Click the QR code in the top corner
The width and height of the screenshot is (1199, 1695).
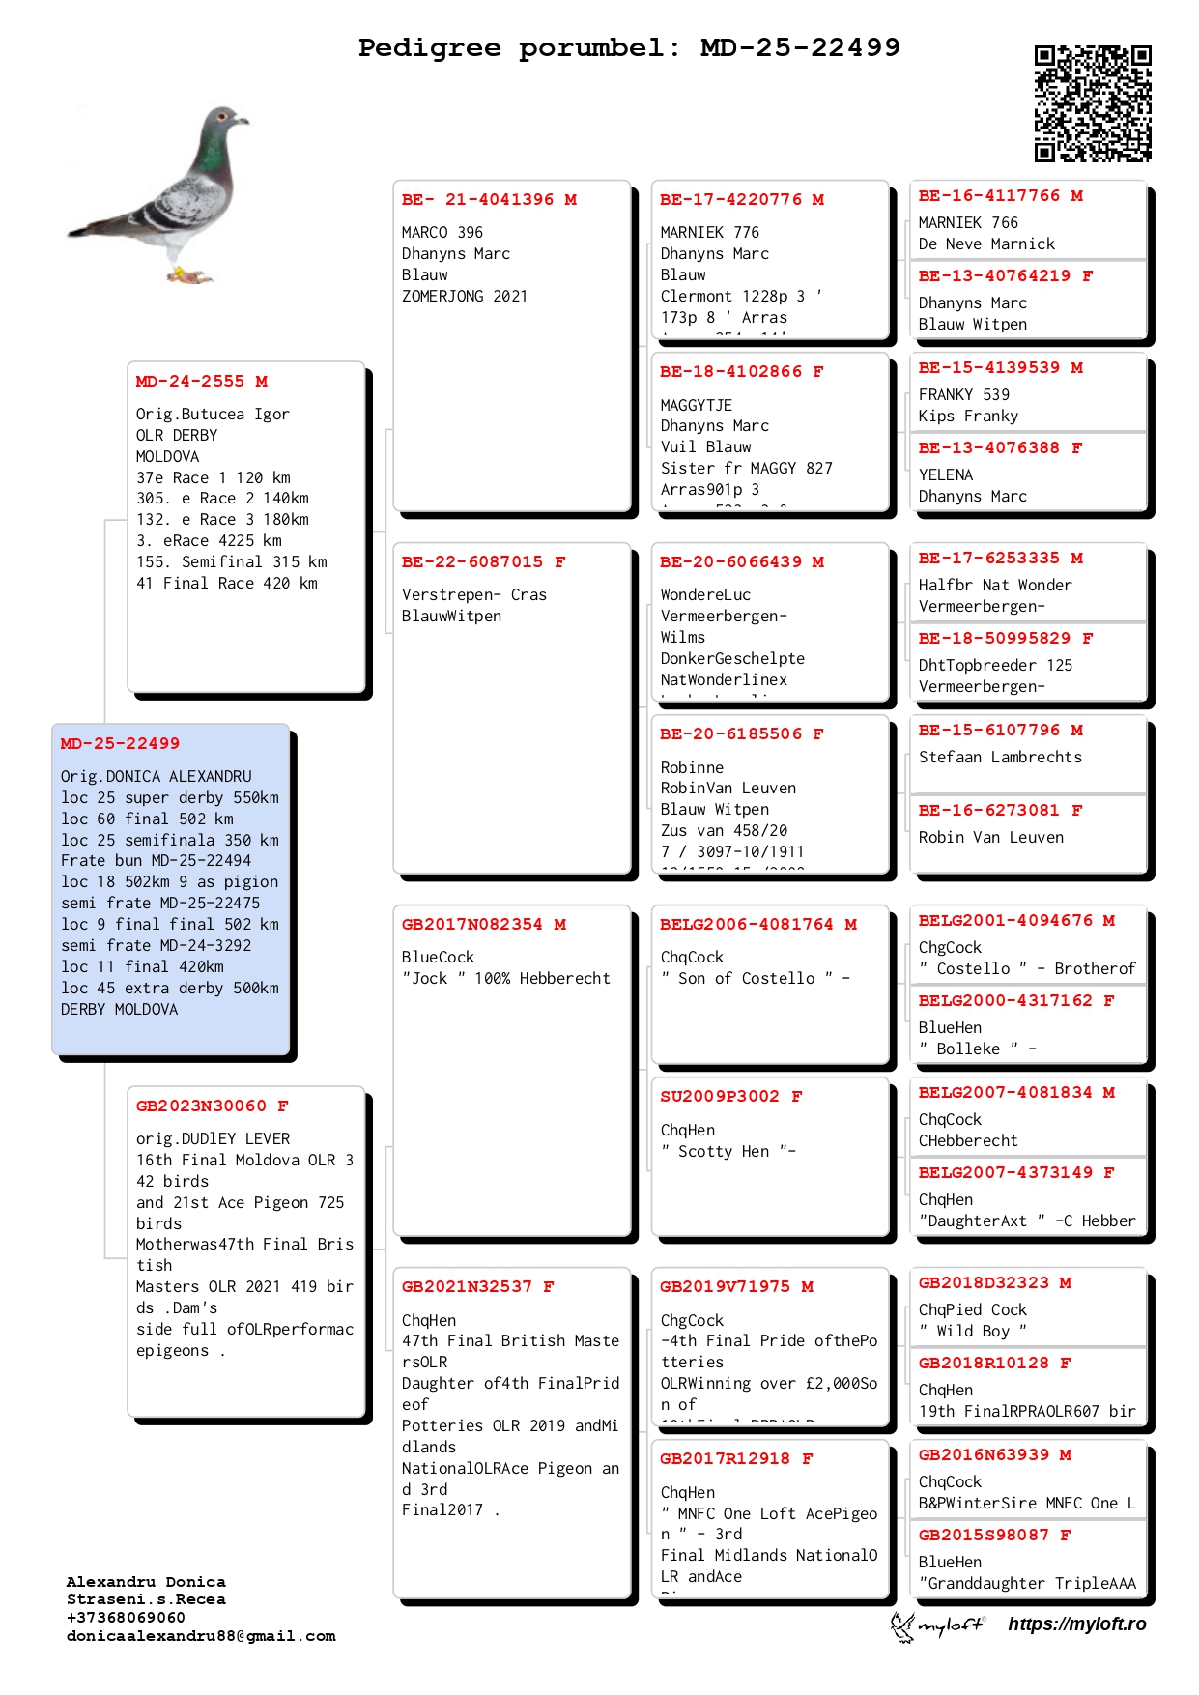(x=1093, y=102)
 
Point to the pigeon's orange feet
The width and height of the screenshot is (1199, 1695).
(x=189, y=276)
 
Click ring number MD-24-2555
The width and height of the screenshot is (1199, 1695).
(x=190, y=382)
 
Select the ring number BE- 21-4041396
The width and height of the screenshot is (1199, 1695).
(x=477, y=200)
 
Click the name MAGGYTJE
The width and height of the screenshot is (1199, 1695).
(x=696, y=405)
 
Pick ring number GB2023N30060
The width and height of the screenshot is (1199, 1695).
(x=201, y=1106)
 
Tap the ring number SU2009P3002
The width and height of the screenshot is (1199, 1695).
(x=719, y=1097)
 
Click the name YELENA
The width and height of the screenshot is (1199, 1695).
(x=946, y=474)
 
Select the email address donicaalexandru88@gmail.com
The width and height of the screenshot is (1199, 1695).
(x=201, y=1636)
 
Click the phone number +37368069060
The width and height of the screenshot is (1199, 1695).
(x=126, y=1618)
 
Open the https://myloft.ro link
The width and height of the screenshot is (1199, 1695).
(x=1076, y=1624)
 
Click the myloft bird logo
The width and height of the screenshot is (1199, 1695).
(x=902, y=1625)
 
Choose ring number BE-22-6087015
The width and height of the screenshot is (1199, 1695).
(x=471, y=562)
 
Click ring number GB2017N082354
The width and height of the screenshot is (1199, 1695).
(x=471, y=925)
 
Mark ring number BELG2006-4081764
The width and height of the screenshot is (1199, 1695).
(x=746, y=925)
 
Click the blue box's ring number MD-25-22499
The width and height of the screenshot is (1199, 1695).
(x=120, y=744)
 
